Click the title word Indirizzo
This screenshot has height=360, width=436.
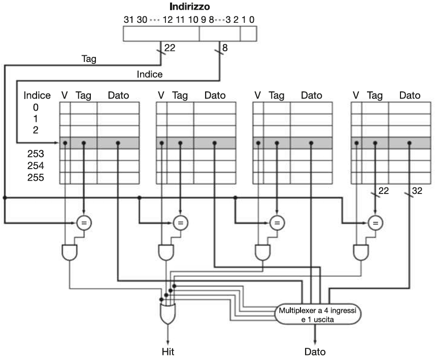(190, 8)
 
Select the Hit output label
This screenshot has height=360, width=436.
(167, 351)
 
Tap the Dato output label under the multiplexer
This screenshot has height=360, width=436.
(315, 351)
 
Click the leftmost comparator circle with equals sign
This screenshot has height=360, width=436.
(84, 222)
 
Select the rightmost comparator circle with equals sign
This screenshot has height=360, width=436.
(375, 222)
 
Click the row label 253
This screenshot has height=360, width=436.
(36, 154)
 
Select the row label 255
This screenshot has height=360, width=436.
(36, 178)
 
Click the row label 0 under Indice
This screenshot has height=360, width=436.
(36, 107)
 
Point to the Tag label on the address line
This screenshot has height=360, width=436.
(89, 59)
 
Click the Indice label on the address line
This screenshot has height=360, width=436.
(150, 74)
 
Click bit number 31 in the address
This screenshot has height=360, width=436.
(129, 20)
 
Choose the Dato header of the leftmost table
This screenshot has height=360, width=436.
(118, 95)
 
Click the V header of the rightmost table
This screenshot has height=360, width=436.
(356, 95)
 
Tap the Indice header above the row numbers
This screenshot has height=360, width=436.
(37, 95)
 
